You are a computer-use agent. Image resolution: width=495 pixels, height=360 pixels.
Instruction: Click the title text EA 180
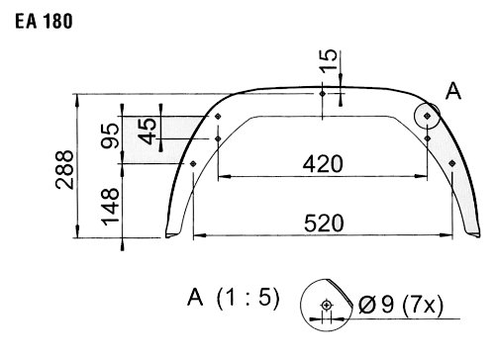(x=44, y=22)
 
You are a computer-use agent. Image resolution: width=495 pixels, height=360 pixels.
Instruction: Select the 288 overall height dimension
(x=64, y=170)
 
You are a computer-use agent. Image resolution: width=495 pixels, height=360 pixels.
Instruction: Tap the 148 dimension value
(x=110, y=207)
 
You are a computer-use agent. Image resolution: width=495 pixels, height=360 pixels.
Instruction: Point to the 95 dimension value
(x=110, y=135)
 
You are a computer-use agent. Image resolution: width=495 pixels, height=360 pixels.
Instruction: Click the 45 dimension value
(x=148, y=132)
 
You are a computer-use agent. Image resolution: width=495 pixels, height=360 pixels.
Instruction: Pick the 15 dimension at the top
(x=329, y=60)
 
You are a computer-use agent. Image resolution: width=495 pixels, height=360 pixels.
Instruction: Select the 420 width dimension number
(x=323, y=164)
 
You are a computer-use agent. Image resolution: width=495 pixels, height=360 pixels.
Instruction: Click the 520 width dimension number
(x=324, y=224)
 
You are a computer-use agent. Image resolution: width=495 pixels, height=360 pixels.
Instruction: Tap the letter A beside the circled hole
(x=453, y=91)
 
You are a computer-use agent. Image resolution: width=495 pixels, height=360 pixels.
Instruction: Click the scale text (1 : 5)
(x=248, y=298)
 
